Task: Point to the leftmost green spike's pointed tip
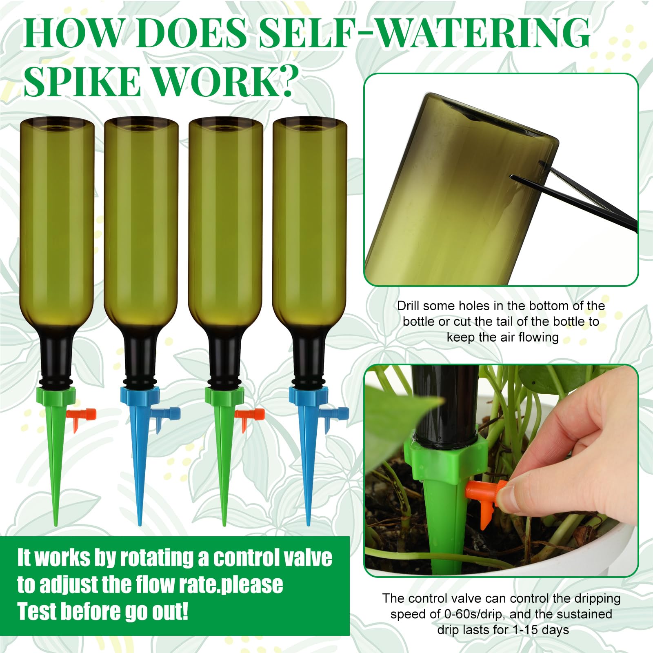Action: [56, 525]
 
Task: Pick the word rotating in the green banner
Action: [162, 558]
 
